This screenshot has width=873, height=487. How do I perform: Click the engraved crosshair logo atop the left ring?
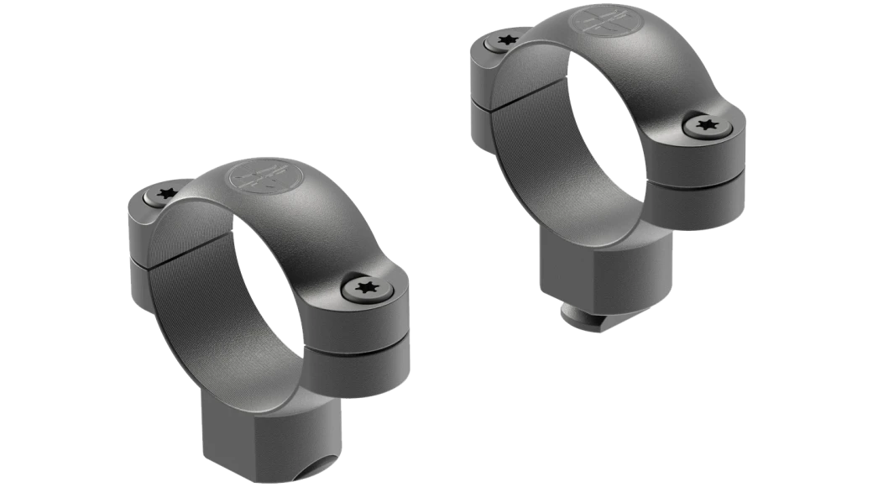click(254, 175)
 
